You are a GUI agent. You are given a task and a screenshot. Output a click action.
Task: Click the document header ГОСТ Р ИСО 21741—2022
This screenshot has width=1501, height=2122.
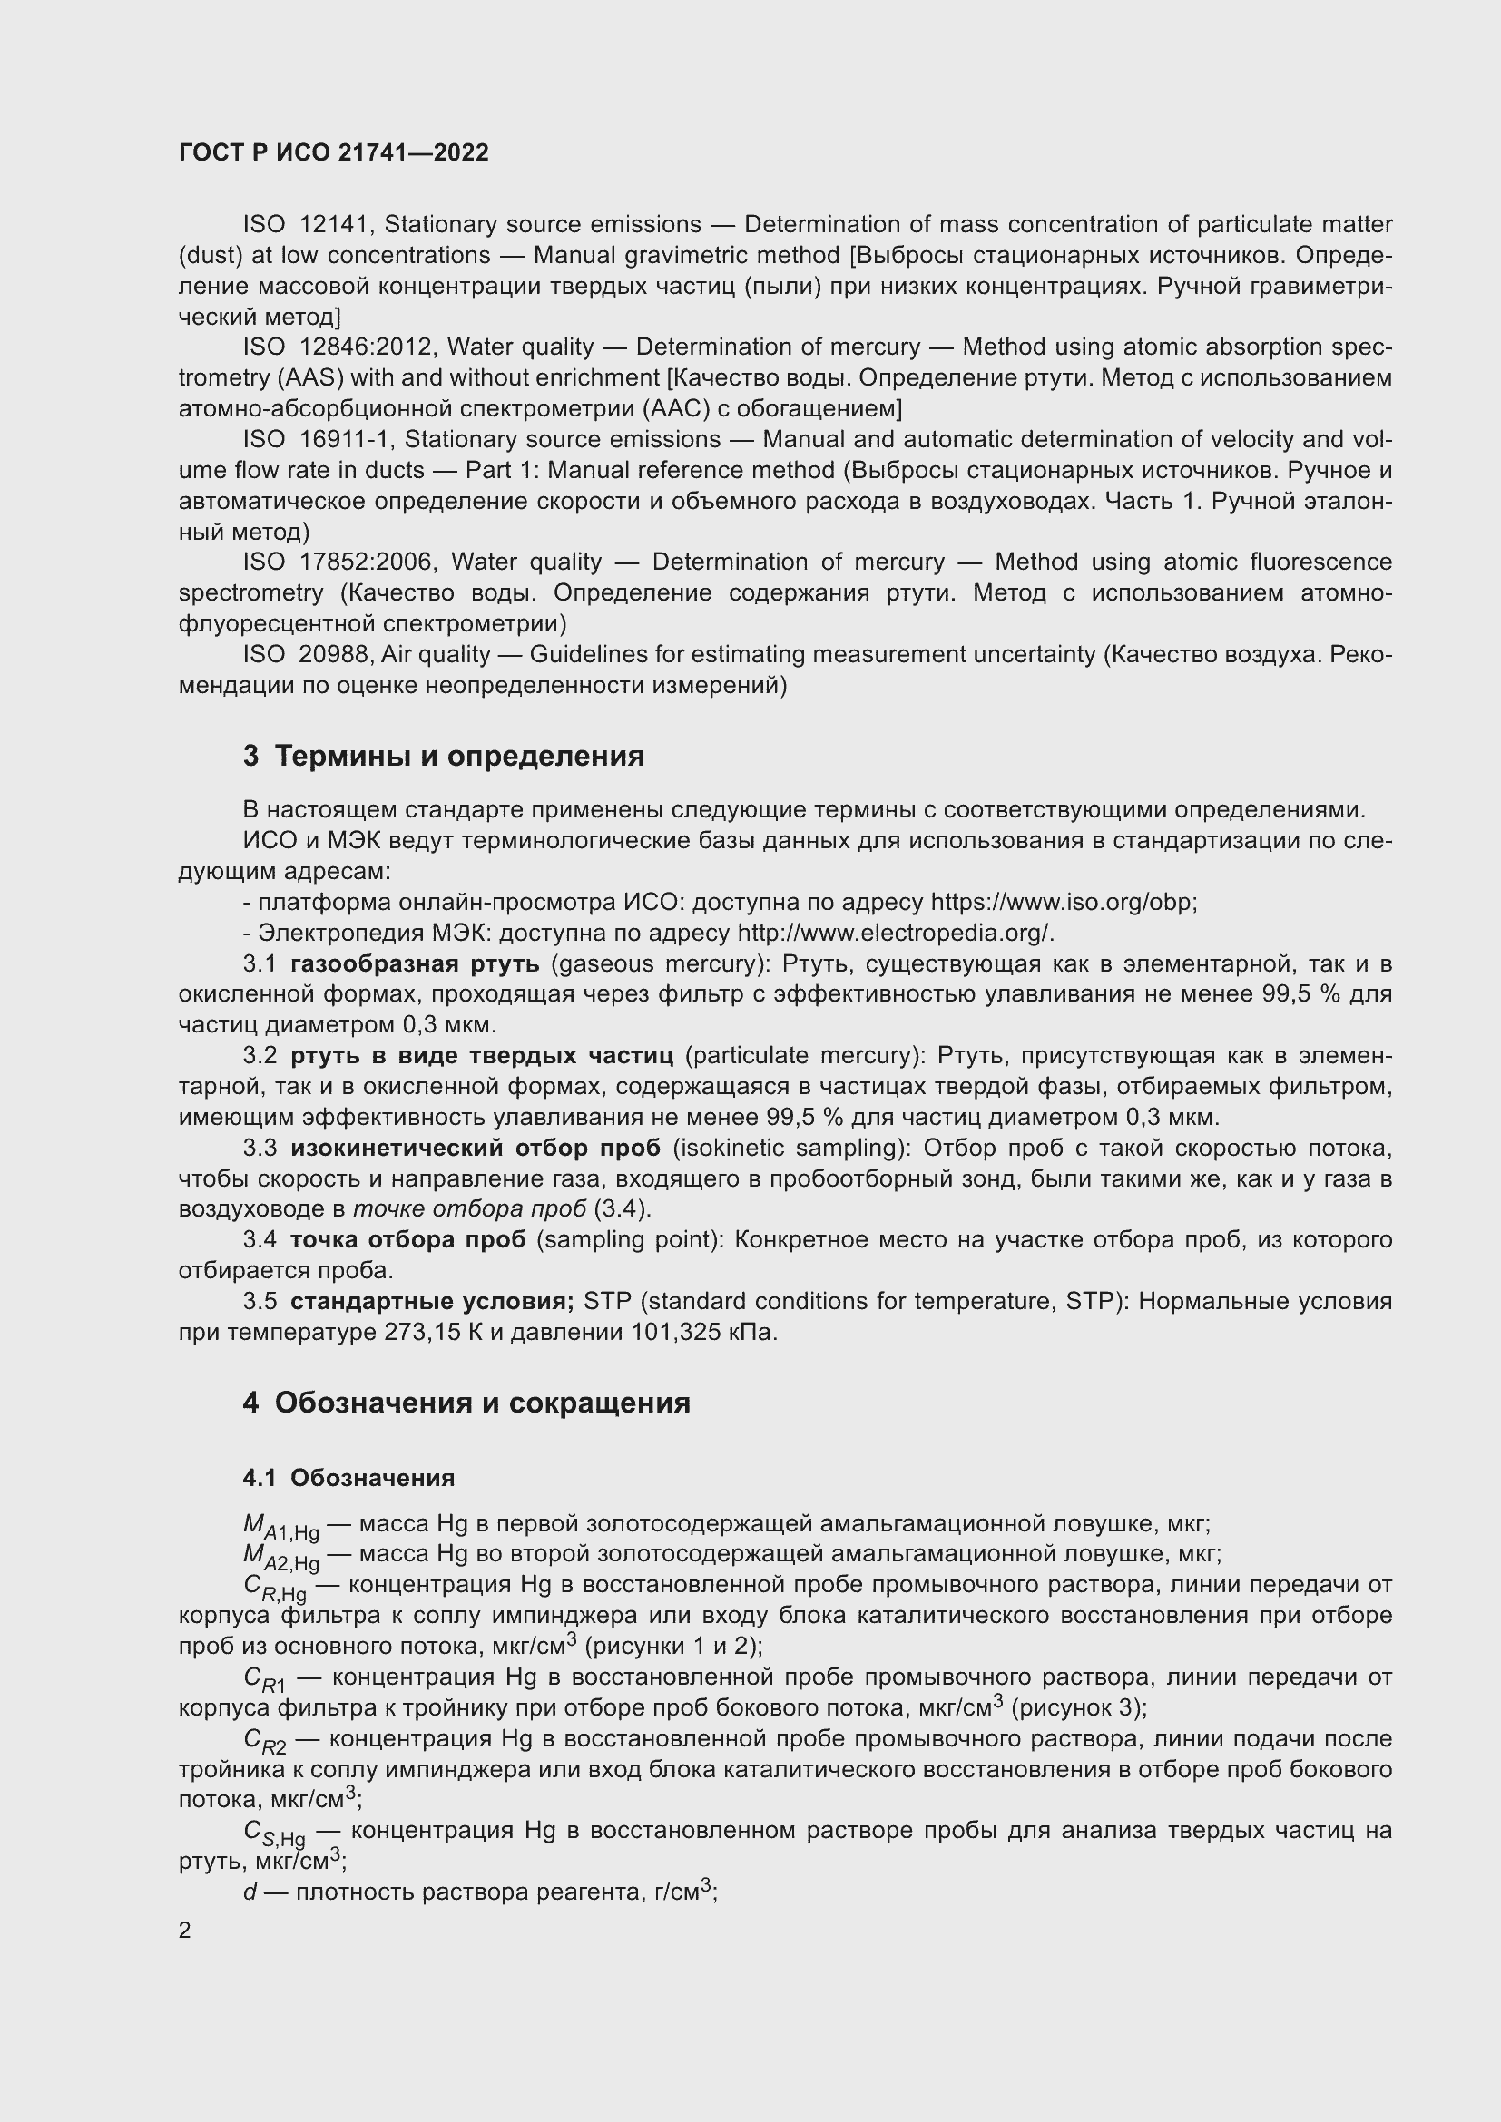point(334,152)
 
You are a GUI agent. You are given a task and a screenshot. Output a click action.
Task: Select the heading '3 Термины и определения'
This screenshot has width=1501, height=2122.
point(444,756)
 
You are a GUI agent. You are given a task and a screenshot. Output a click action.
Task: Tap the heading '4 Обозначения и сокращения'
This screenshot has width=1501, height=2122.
point(466,1402)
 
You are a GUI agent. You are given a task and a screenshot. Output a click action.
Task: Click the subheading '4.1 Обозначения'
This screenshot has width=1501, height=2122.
point(348,1478)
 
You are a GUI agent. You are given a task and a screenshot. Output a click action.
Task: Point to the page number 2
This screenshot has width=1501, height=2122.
point(185,1930)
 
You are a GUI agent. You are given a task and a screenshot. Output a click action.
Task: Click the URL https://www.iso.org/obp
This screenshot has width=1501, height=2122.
point(1062,902)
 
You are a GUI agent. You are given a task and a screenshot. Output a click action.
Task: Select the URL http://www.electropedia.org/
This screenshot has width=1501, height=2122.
point(894,933)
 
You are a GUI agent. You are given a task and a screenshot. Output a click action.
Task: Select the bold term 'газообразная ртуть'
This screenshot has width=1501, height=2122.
point(415,964)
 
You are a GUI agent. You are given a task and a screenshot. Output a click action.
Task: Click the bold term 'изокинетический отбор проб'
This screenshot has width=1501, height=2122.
point(475,1148)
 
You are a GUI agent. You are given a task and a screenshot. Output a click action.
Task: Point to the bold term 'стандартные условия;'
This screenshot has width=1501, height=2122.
point(432,1301)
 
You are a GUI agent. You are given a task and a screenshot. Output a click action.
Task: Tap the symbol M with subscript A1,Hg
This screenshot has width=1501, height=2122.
point(280,1527)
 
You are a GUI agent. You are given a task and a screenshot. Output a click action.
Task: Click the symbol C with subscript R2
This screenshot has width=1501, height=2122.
point(264,1741)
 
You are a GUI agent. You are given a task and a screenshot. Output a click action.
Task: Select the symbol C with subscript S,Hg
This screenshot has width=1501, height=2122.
point(274,1833)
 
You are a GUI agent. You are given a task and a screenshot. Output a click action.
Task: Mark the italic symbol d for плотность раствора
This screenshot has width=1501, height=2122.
point(250,1892)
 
